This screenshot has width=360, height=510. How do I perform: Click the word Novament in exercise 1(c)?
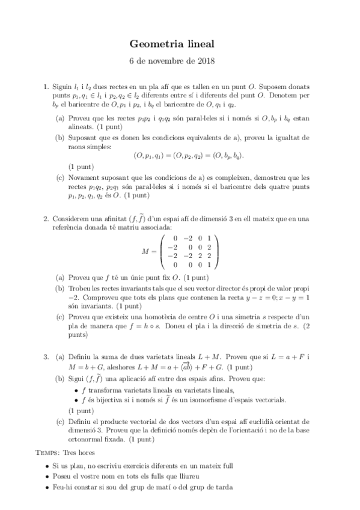coord(85,178)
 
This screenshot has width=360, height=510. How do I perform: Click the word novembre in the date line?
coord(166,61)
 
